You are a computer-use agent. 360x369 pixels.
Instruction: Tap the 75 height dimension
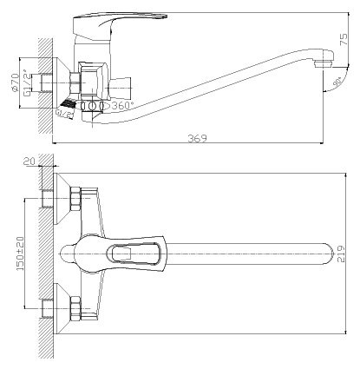[344, 34]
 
